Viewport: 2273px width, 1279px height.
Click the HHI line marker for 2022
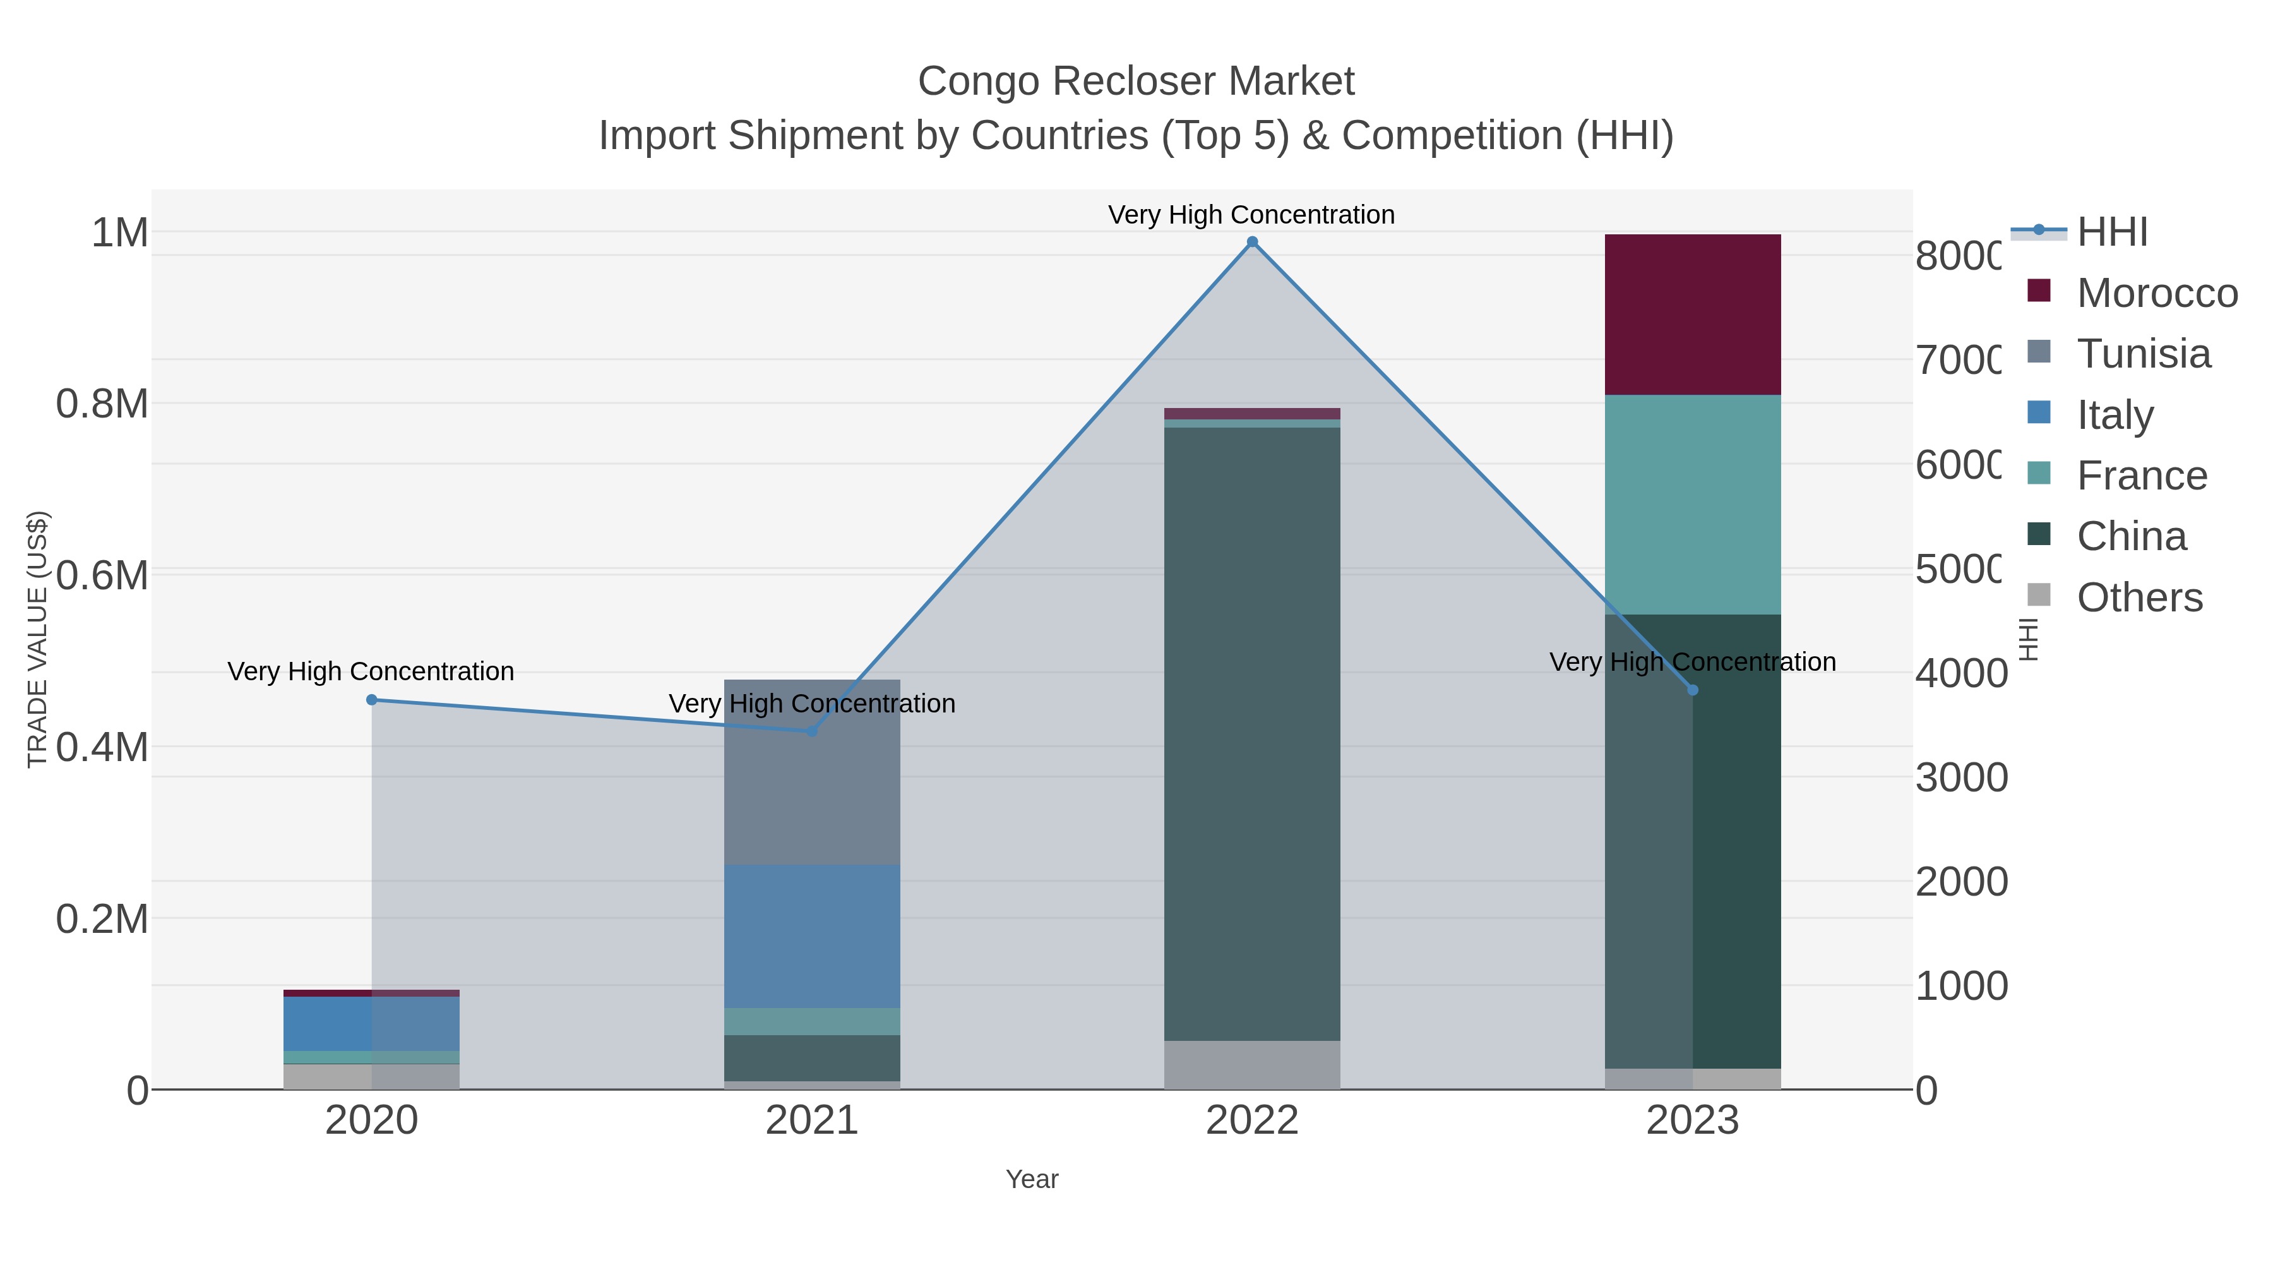click(1252, 242)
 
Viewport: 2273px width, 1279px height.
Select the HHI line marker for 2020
click(371, 700)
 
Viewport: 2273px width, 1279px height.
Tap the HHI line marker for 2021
click(812, 731)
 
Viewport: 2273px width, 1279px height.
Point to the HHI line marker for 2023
click(1692, 690)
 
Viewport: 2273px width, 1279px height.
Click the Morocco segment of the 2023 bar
click(1692, 315)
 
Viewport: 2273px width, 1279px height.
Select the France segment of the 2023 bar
click(1692, 504)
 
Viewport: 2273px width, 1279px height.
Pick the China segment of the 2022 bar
click(1252, 733)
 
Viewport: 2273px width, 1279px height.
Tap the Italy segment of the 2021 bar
click(812, 935)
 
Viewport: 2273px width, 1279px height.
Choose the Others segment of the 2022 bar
click(1252, 1064)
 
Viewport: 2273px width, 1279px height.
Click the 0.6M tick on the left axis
click(102, 575)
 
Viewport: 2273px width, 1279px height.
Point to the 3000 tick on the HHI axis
click(1960, 778)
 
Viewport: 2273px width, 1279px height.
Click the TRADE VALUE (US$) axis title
click(37, 639)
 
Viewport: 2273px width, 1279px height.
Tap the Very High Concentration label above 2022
click(1251, 215)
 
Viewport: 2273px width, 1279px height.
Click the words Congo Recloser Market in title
click(1136, 81)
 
